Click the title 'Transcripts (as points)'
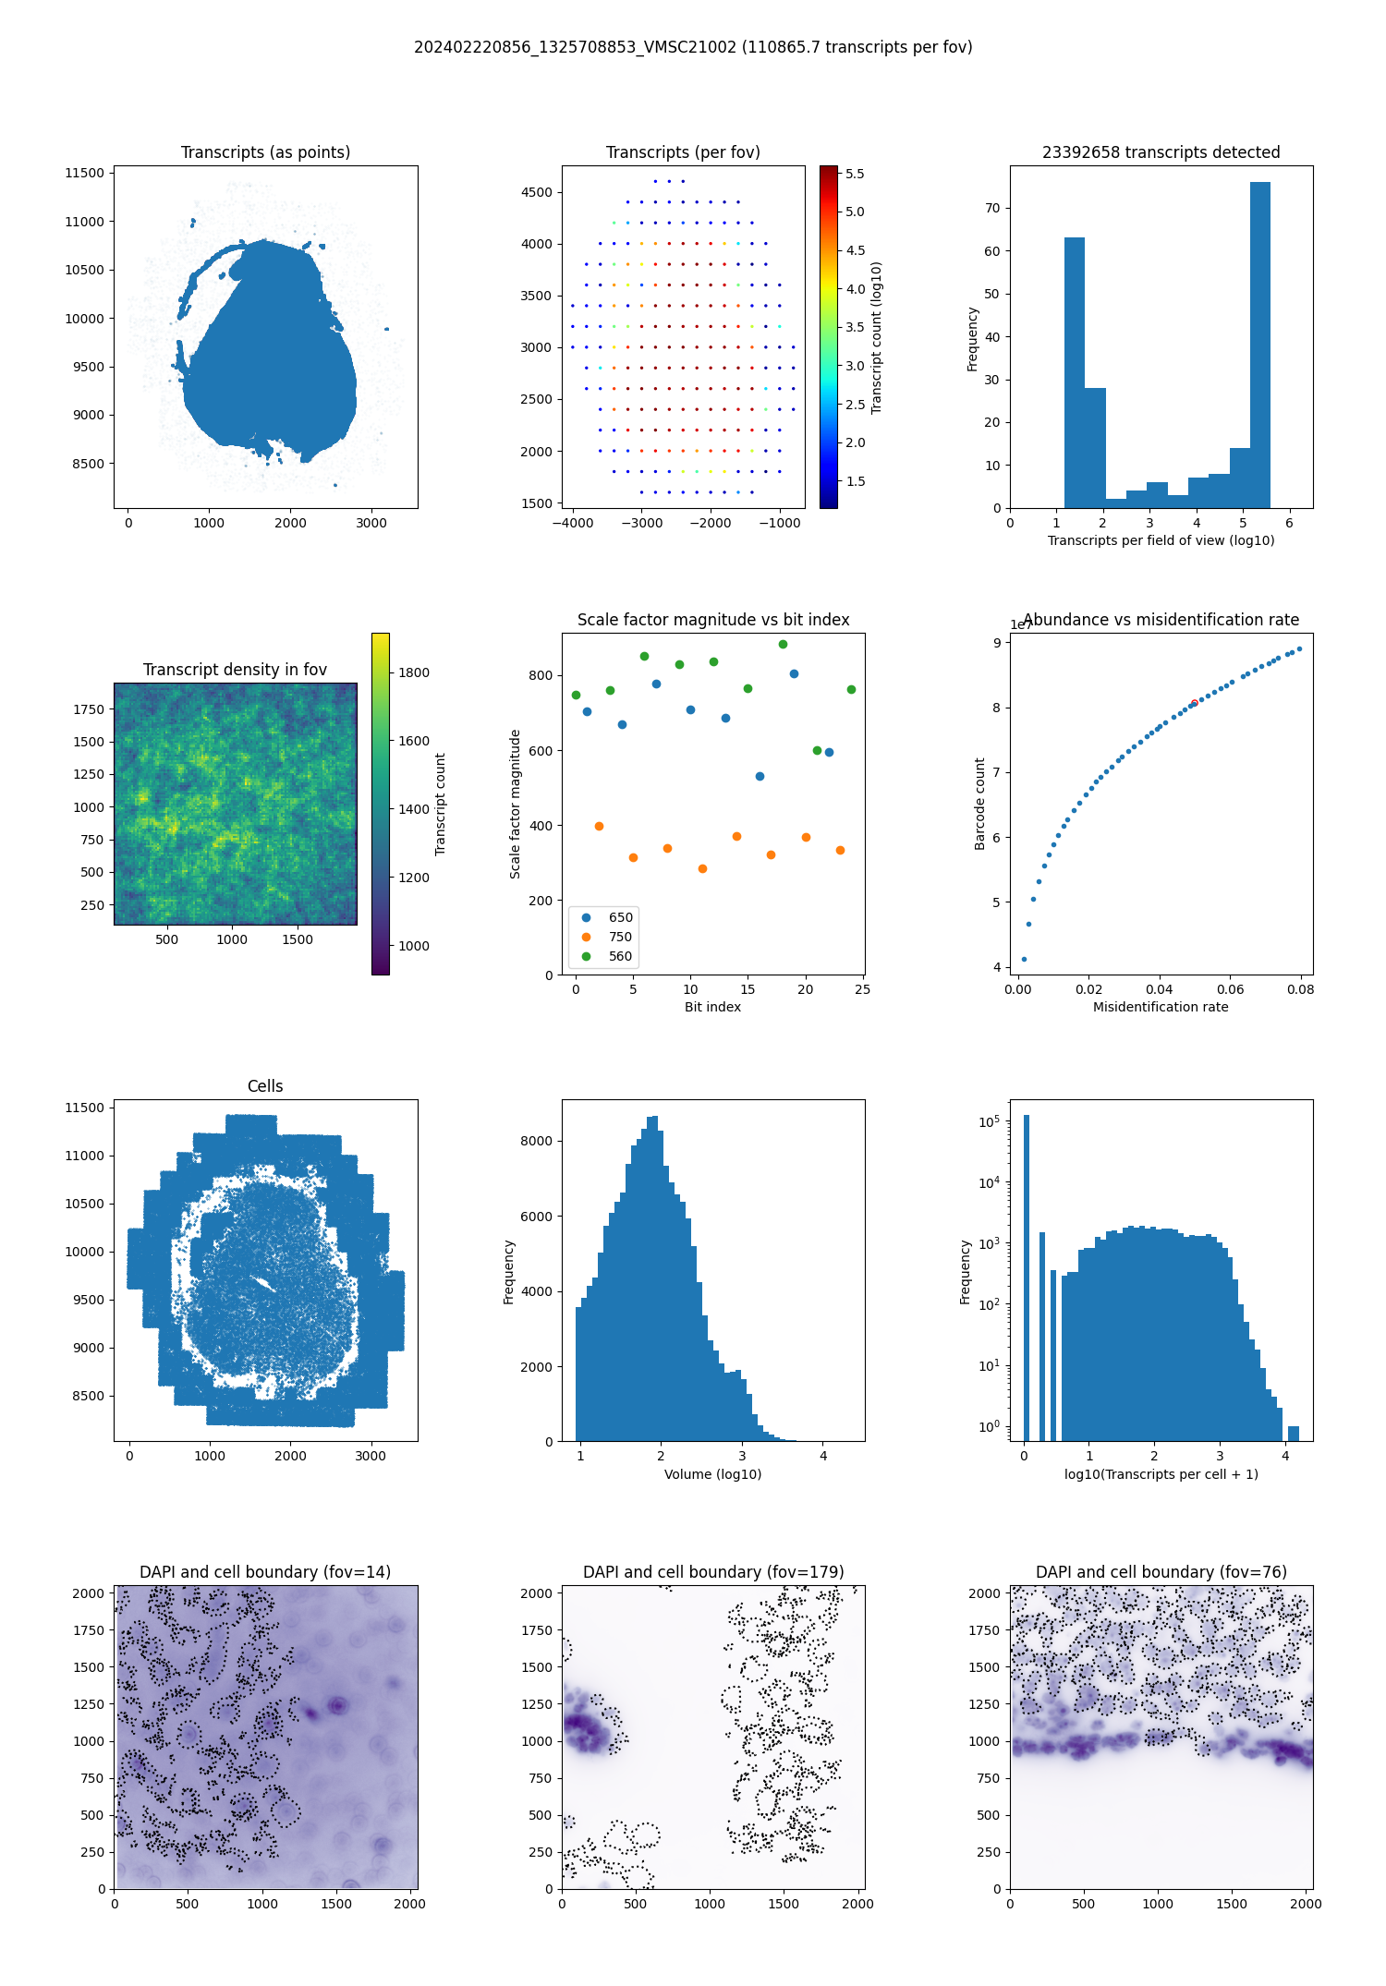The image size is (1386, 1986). tap(265, 152)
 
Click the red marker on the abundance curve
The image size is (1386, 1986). tap(1194, 703)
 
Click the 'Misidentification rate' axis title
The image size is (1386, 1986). tap(1161, 1007)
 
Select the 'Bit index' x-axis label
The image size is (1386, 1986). tap(712, 1007)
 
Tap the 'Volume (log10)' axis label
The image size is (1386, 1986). tap(712, 1474)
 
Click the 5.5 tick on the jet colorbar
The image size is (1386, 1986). tap(855, 174)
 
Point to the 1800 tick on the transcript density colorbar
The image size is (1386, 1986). tap(414, 672)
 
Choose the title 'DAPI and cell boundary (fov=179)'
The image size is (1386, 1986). tap(712, 1572)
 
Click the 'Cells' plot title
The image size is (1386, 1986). tap(265, 1086)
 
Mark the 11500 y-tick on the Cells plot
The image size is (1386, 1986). tap(85, 1108)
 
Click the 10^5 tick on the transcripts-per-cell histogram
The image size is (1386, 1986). tap(989, 1121)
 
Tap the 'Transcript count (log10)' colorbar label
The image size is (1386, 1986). tap(877, 337)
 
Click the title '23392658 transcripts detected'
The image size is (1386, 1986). tap(1161, 152)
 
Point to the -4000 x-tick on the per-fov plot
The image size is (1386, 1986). tap(573, 523)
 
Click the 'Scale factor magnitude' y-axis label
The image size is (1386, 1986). tap(516, 804)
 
